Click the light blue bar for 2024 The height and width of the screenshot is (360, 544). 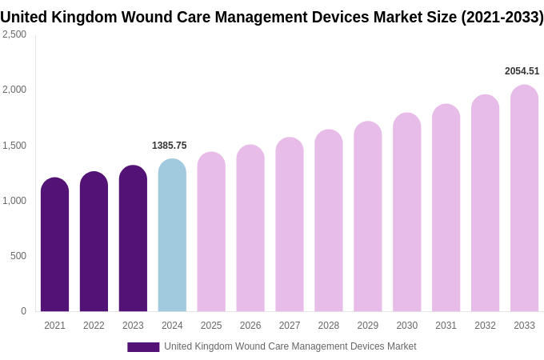coord(172,236)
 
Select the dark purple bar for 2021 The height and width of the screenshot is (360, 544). coord(54,245)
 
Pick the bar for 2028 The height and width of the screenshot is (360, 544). coord(328,221)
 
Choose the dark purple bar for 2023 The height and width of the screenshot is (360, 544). coord(133,238)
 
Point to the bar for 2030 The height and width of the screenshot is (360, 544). coord(406,212)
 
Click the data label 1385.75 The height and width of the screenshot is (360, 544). coord(169,146)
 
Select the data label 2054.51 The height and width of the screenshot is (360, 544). coord(522,71)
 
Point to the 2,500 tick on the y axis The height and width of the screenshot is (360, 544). coord(14,34)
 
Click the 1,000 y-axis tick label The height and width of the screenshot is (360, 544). coord(14,201)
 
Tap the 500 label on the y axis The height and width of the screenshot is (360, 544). coord(18,256)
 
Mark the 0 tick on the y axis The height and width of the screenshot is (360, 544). coord(23,311)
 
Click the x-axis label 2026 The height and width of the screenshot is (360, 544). coord(250,326)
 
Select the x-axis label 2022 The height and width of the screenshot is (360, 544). coord(94,326)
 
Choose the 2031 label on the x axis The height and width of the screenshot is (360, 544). coord(446,326)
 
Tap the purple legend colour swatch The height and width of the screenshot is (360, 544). coord(143,347)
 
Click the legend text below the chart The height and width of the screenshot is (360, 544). coord(290,346)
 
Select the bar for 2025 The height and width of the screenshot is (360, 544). coord(211,232)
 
